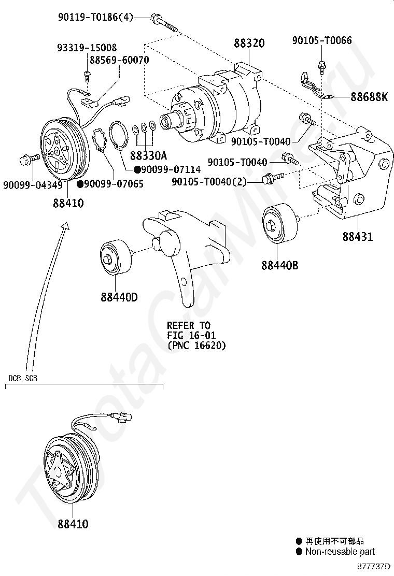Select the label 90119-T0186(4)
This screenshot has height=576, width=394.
95,18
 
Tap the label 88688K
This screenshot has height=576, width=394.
369,97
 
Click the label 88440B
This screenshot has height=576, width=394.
280,266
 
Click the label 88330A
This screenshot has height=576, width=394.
148,155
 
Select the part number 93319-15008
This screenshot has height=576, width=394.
87,48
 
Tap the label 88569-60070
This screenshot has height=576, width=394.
119,60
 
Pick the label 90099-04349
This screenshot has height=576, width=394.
33,184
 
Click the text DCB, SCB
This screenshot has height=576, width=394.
23,378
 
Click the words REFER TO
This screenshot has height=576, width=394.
189,325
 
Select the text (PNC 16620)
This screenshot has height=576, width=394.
196,345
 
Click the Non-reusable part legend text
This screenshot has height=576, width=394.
340,552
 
